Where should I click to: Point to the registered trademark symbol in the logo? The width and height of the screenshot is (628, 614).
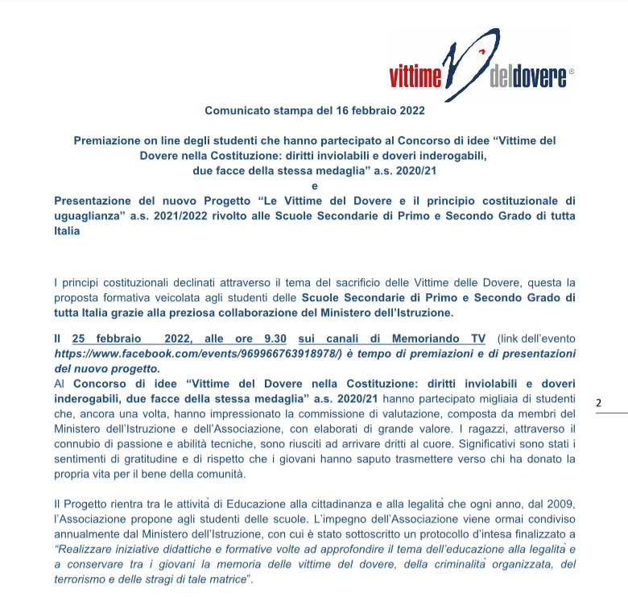click(x=572, y=72)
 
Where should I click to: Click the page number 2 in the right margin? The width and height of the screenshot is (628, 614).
click(x=598, y=402)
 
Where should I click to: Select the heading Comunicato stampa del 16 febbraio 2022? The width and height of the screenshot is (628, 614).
click(x=315, y=110)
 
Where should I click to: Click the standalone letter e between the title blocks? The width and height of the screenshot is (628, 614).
click(x=314, y=186)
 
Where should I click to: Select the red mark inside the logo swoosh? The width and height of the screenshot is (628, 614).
click(x=481, y=52)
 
